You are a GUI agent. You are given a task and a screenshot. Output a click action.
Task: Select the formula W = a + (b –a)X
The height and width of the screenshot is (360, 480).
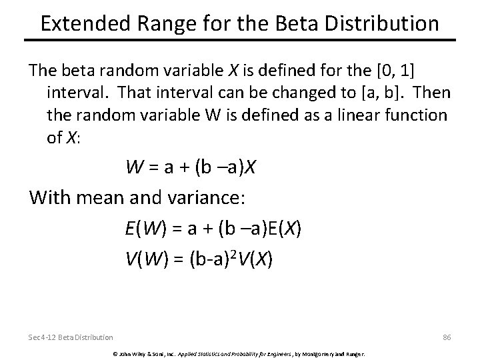pos(191,168)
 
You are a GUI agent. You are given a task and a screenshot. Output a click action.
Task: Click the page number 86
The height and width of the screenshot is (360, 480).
pos(447,338)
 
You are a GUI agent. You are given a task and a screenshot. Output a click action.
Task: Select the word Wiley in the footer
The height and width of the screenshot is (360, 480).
pos(134,353)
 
